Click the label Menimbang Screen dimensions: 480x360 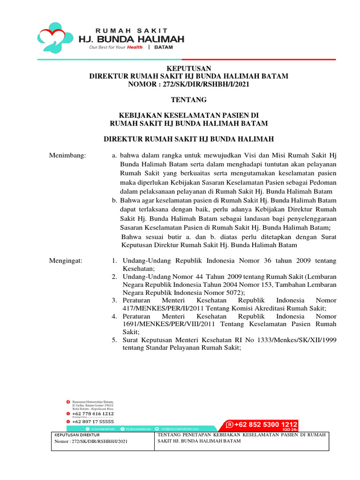pyautogui.click(x=68, y=155)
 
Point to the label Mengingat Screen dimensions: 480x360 pyautogui.click(x=66, y=261)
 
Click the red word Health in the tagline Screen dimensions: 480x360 pyautogui.click(x=134, y=47)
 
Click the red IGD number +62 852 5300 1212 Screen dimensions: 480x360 pyautogui.click(x=265, y=425)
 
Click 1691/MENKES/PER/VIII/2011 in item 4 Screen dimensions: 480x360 pyautogui.click(x=161, y=323)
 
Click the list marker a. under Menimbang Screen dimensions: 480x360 pyautogui.click(x=114, y=155)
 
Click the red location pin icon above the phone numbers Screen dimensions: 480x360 pyautogui.click(x=68, y=402)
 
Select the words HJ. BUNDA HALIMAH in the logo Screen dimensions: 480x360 pyautogui.click(x=131, y=38)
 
